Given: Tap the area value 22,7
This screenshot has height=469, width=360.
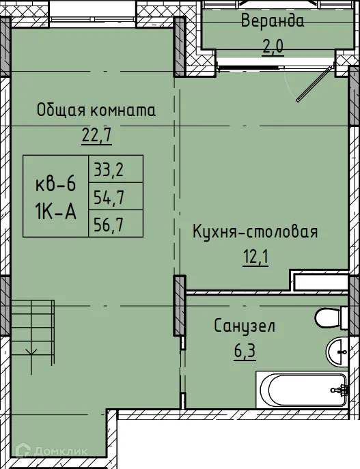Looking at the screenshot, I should tap(96, 134).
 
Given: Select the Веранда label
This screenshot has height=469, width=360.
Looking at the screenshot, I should tap(272, 20).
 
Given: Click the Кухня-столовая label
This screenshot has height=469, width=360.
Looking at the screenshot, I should tap(255, 232).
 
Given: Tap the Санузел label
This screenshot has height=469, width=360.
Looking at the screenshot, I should tap(244, 326).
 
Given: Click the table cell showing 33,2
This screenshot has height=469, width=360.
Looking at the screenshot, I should tap(107, 168).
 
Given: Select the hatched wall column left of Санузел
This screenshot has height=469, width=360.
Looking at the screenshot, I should tap(180, 306).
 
